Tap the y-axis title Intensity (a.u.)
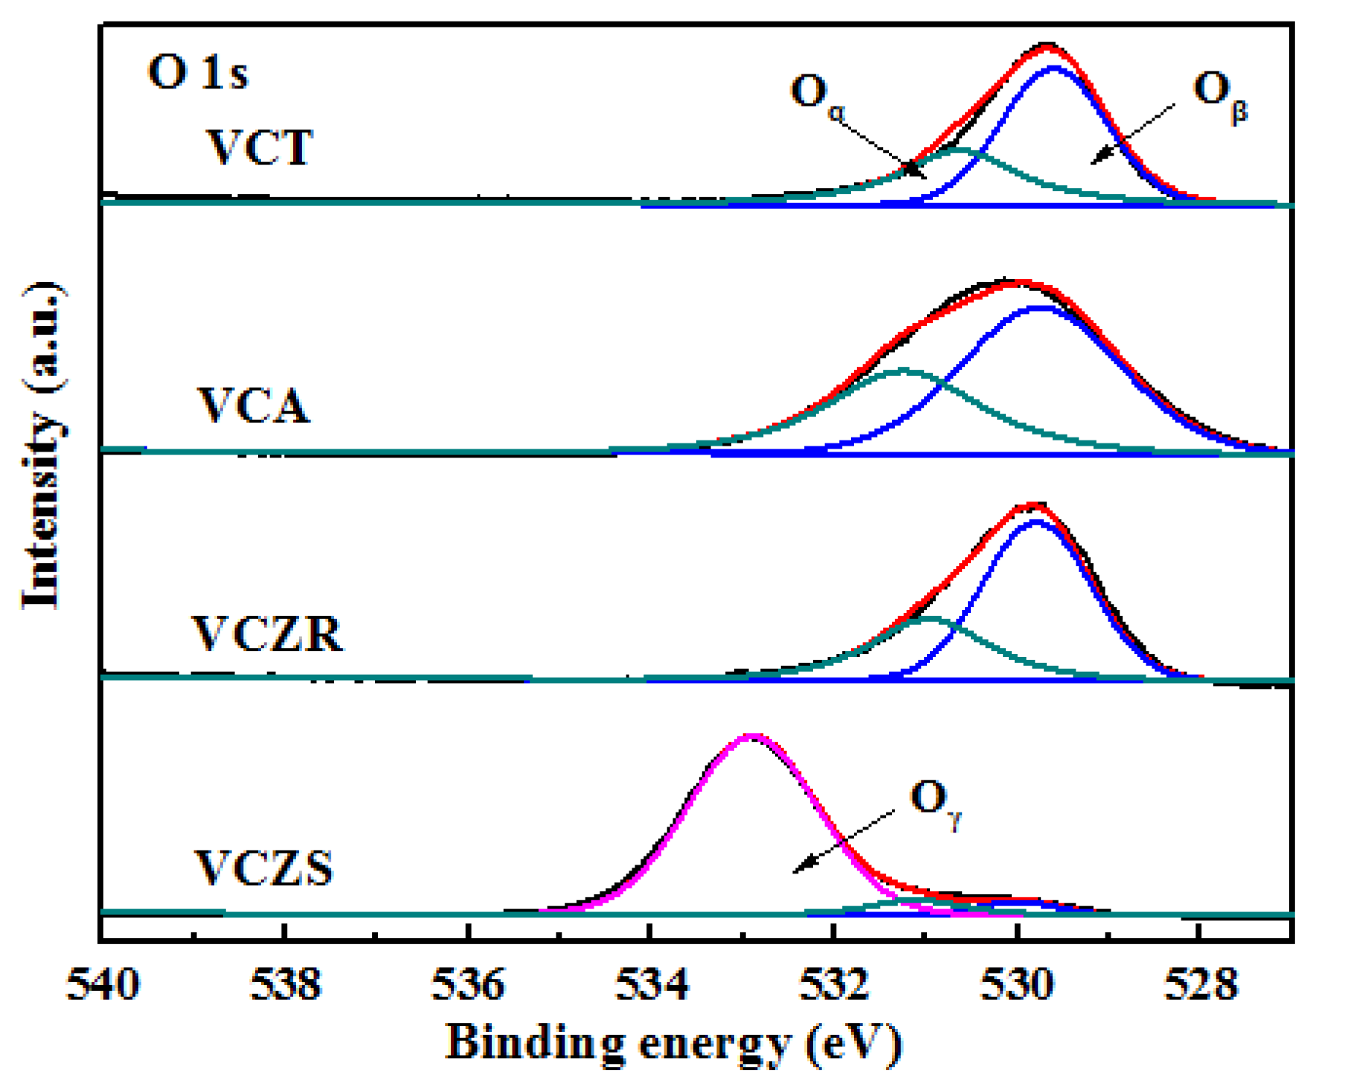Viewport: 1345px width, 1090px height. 42,446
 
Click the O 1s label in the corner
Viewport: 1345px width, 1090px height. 198,73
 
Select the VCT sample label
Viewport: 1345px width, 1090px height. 259,147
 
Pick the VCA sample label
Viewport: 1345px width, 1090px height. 253,406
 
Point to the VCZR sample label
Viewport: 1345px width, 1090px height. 268,634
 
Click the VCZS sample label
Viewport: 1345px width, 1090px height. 263,868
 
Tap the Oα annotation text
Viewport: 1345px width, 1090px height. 817,94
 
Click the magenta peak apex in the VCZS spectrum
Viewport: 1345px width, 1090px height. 751,737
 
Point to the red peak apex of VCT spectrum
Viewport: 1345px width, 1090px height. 1047,47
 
